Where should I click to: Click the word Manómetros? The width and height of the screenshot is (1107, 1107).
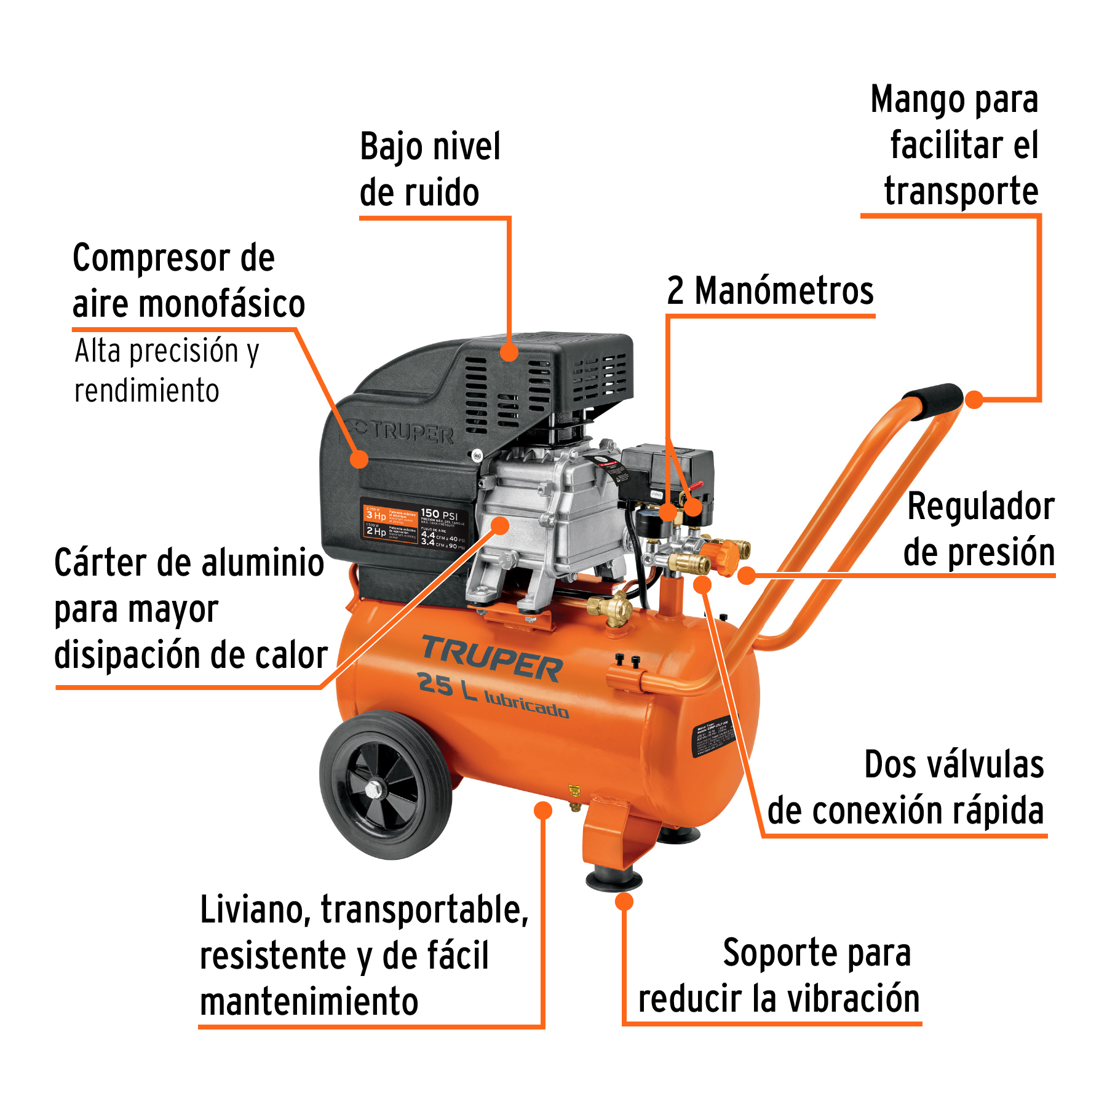point(784,291)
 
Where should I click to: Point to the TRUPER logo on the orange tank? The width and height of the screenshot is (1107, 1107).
point(492,659)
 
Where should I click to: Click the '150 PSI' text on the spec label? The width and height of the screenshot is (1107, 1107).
point(439,514)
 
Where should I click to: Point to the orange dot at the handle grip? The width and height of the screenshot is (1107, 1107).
point(974,399)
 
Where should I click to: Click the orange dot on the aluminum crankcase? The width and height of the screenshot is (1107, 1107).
point(500,525)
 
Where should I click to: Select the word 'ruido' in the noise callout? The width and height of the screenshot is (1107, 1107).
point(419,192)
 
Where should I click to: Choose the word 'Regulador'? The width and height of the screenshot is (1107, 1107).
point(981,507)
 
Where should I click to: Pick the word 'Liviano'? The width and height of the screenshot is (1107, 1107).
point(255,910)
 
